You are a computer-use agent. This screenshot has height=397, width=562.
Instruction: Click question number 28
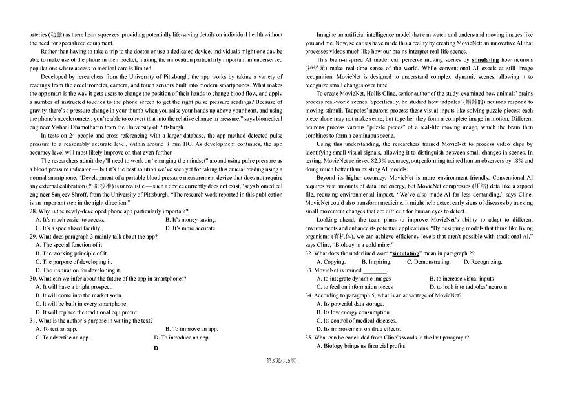pos(33,211)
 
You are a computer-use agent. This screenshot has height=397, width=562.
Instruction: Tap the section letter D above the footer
pos(155,349)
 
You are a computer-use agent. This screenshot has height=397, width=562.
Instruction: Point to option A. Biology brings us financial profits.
pos(361,346)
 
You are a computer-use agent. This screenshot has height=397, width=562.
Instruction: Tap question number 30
pos(33,279)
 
